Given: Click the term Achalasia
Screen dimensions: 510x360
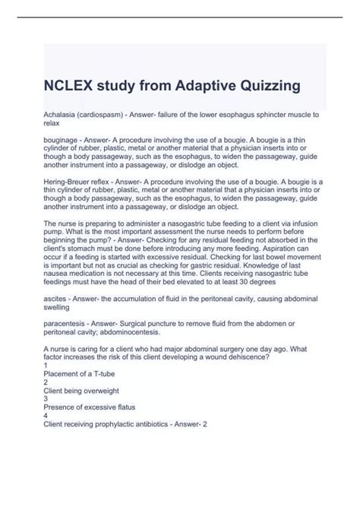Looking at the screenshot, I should (x=62, y=113).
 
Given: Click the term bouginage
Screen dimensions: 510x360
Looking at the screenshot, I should (x=63, y=141).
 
